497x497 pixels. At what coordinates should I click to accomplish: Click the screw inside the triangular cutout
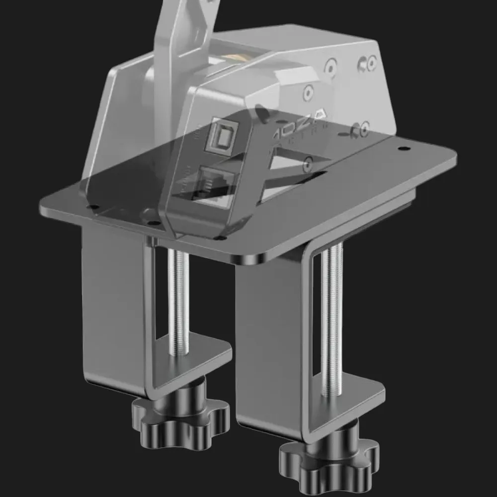click(308, 162)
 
